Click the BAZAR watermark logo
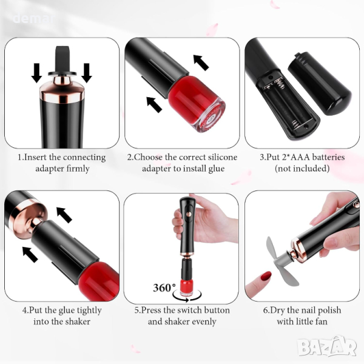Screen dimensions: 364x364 pos(327,346)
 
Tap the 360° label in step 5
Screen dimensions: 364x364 pos(164,288)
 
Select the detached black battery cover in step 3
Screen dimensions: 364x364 pos(320,84)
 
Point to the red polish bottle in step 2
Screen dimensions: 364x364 pos(196,104)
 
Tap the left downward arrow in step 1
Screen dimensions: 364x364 pos(36,73)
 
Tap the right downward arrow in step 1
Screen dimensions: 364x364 pos(86,73)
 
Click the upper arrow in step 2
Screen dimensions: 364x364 pos(201,62)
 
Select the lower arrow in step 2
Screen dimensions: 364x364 pos(154,104)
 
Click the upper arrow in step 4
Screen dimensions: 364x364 pos(64,215)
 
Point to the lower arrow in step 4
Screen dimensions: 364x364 pos(30,254)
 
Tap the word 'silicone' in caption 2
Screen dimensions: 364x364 pos(223,157)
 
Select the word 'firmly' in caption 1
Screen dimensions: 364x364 pos(78,169)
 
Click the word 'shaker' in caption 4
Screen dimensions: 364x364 pos(78,322)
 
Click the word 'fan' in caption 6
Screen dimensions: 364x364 pos(322,322)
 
